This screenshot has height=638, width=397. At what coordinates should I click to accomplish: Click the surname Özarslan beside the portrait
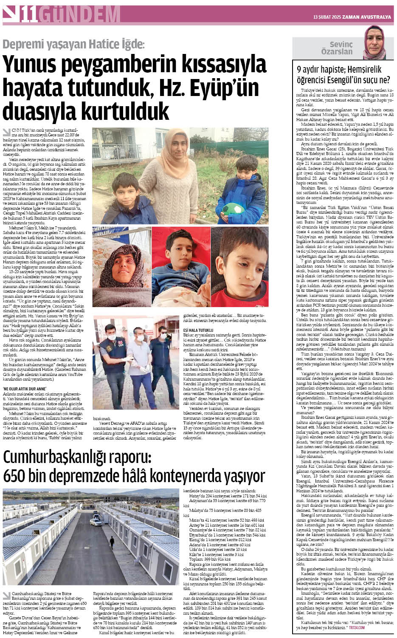tap(337, 52)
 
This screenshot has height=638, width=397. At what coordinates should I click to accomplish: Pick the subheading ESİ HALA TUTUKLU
tap(198, 330)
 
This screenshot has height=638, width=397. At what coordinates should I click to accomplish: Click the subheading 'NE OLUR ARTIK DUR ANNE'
tap(25, 388)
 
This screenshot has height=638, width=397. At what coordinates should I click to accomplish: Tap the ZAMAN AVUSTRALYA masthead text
tap(367, 17)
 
